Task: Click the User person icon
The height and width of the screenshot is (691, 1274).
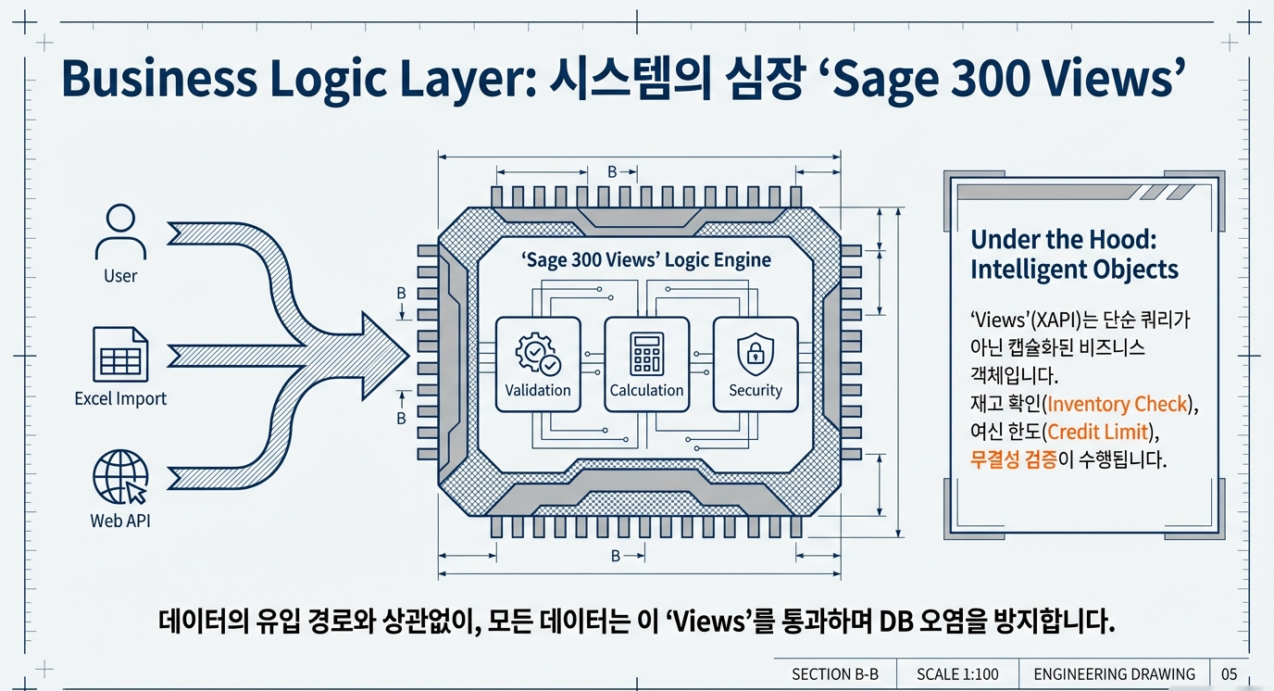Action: (120, 232)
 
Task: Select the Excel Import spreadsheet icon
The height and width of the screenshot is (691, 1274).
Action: (120, 353)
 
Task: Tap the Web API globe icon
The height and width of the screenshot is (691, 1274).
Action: (120, 477)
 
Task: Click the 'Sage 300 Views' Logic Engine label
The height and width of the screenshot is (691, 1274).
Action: (646, 260)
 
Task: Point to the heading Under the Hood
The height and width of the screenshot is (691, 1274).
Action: (1064, 240)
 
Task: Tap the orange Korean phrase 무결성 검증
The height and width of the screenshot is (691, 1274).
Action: (1013, 459)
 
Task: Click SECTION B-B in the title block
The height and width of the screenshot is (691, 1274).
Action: (834, 674)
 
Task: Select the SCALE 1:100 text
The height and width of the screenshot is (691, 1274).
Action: (957, 674)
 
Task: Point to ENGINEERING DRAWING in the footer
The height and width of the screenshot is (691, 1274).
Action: (1114, 674)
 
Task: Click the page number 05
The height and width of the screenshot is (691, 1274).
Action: (1229, 674)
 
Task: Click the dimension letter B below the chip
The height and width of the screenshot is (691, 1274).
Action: (616, 557)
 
